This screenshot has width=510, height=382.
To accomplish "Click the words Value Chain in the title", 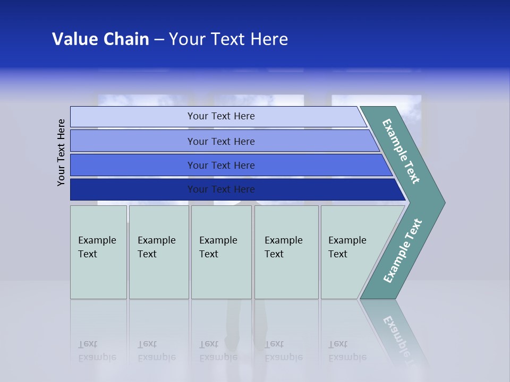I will click(x=100, y=39).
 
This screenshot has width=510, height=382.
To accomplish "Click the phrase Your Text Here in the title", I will click(x=228, y=39).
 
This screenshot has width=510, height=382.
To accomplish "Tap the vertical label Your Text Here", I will click(x=62, y=153).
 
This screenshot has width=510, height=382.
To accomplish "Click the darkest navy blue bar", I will click(x=133, y=189).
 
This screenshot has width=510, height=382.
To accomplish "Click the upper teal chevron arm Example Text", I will click(x=402, y=151).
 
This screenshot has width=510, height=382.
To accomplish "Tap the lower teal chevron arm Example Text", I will click(x=403, y=250).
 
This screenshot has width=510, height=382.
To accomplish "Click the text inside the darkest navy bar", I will click(x=221, y=189).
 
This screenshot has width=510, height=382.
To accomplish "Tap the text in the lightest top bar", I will click(x=221, y=116).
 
